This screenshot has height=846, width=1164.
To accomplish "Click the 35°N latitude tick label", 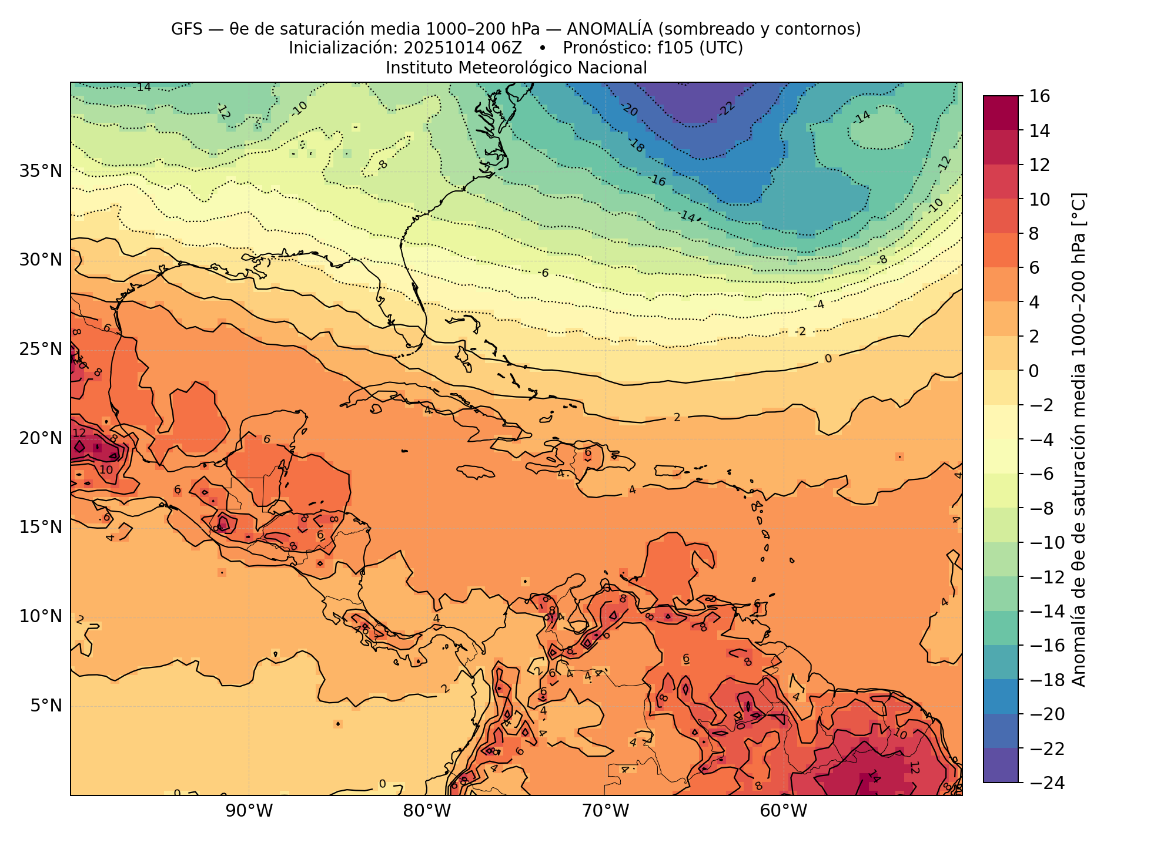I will [x=41, y=172].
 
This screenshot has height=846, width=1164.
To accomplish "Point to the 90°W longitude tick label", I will [x=249, y=811].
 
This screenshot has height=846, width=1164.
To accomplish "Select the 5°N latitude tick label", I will [x=45, y=706].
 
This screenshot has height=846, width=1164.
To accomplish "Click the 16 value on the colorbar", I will [x=1040, y=96].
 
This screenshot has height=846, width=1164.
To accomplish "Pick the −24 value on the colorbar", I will [x=1046, y=783].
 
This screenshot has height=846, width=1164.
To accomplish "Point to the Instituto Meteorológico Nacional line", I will [x=516, y=68].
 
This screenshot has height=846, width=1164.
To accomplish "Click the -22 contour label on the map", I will [x=727, y=109].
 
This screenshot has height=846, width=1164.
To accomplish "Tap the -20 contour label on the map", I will [x=629, y=109].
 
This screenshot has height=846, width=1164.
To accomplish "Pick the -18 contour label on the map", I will [x=637, y=145].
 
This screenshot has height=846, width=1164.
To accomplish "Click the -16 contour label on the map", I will [x=657, y=180].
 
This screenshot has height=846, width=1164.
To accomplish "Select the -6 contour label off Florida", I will [x=543, y=273].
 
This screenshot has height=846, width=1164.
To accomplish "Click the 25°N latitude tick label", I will [x=41, y=350].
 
